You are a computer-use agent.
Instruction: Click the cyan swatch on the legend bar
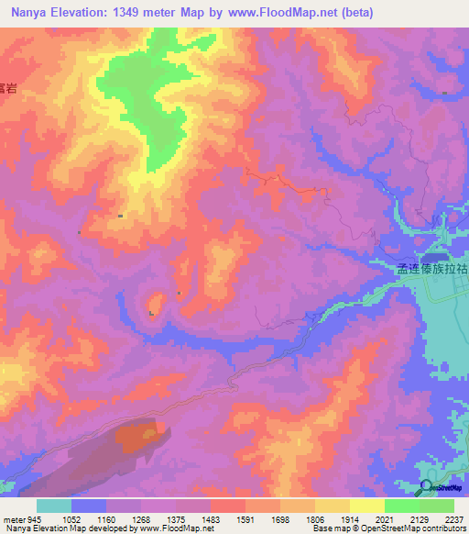(x=54, y=506)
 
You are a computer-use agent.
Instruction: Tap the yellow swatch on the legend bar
(x=367, y=506)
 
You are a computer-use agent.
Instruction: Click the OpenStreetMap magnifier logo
(x=427, y=488)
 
